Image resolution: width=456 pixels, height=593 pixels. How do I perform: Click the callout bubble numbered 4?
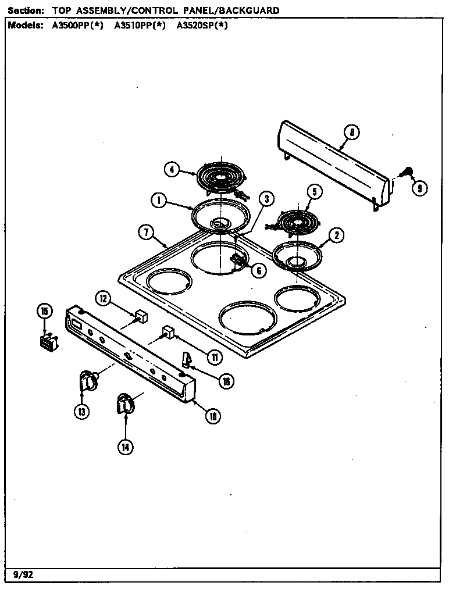171,170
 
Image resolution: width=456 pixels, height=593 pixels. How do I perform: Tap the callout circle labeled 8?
351,132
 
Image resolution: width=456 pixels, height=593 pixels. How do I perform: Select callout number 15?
44,311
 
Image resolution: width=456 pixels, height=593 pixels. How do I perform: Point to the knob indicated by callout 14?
124,402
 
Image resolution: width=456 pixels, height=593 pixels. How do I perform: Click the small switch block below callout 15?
47,341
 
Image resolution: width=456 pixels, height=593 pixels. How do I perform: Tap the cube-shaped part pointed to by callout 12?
140,317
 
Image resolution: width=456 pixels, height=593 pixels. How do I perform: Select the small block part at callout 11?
168,331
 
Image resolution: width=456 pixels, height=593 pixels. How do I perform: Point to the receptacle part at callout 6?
238,260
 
